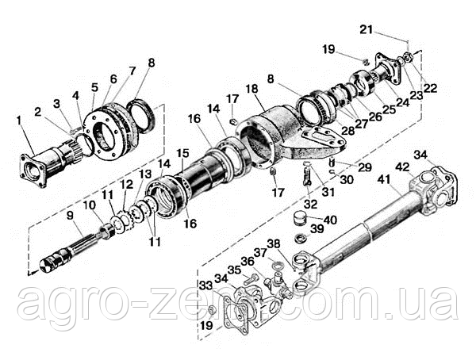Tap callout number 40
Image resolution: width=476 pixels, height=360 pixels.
330,220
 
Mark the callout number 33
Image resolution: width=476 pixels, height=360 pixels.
205,284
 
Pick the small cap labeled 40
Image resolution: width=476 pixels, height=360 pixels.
300,218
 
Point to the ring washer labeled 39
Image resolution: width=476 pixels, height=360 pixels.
301,237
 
